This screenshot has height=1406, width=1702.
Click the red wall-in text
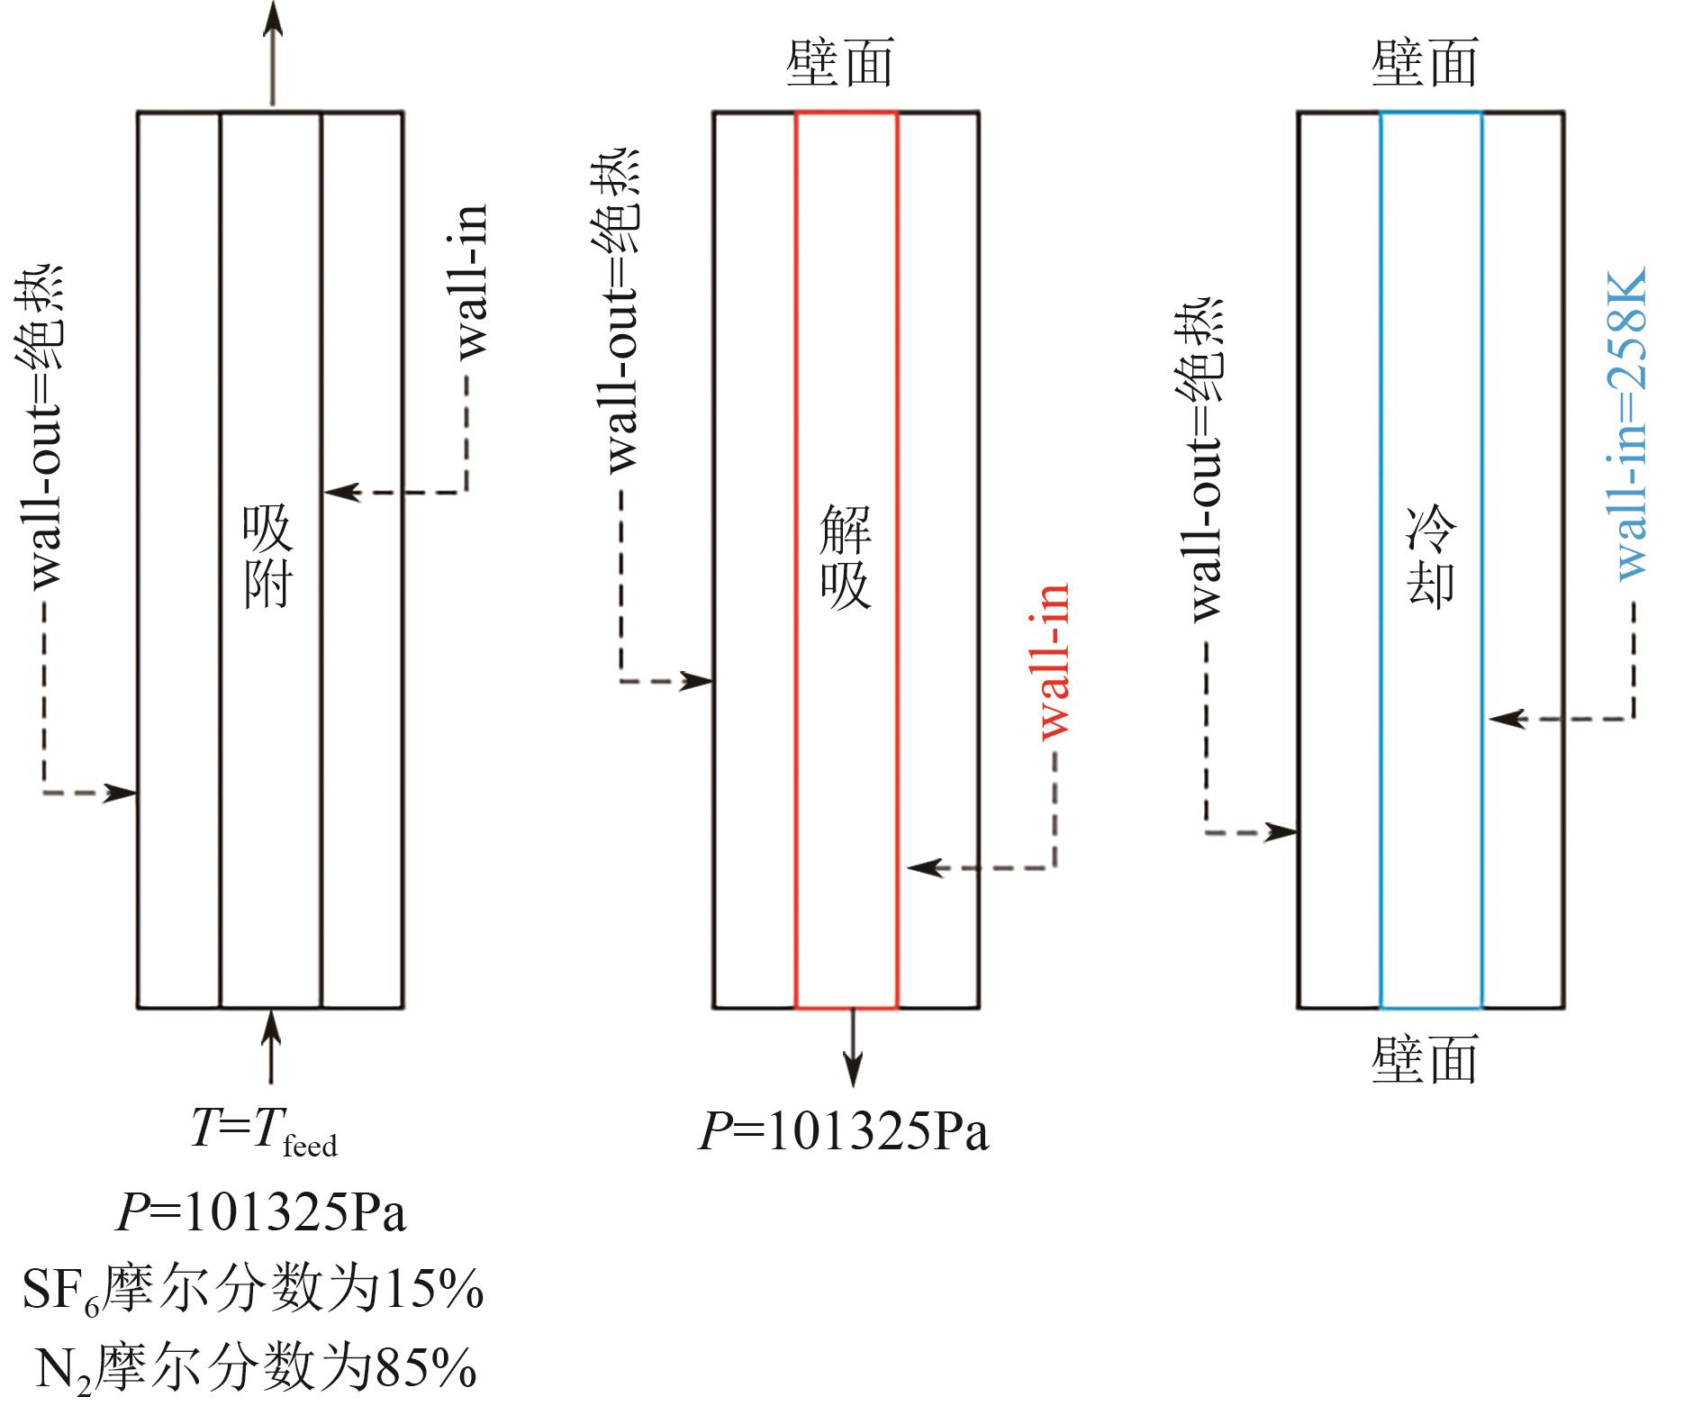[x=1055, y=662]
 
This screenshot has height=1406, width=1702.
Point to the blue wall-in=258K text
[x=1631, y=423]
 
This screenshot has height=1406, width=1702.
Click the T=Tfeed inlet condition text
[x=263, y=1129]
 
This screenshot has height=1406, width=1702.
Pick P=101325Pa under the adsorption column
[x=261, y=1212]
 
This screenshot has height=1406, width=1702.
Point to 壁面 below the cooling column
[x=1425, y=1059]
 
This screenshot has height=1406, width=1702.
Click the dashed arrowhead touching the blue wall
[x=1504, y=719]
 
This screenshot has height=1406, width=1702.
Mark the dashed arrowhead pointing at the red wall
[x=922, y=867]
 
